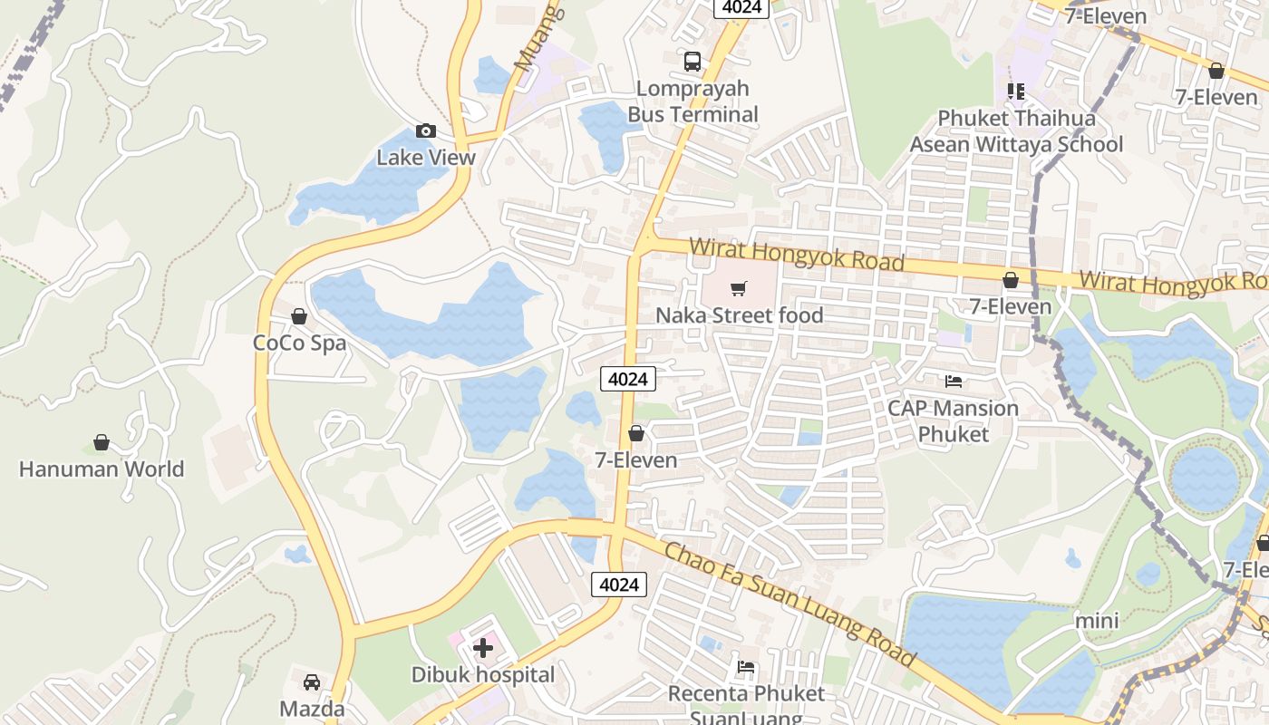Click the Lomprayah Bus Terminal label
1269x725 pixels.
click(x=693, y=101)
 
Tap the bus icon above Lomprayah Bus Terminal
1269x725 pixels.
click(x=693, y=62)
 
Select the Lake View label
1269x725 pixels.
click(x=426, y=157)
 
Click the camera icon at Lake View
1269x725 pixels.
click(x=426, y=131)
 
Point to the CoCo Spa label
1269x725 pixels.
click(x=299, y=343)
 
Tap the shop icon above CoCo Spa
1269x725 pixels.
click(x=299, y=316)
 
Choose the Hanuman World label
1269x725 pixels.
click(x=102, y=469)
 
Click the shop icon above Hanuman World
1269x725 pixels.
click(x=102, y=442)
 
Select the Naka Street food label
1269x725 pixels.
click(x=740, y=315)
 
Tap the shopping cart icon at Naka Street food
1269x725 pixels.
click(x=739, y=289)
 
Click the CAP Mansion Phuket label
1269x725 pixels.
click(x=954, y=420)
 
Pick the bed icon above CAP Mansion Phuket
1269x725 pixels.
click(x=954, y=381)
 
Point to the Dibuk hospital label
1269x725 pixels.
click(x=483, y=675)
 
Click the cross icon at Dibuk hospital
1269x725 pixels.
click(x=483, y=648)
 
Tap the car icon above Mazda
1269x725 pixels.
click(x=312, y=681)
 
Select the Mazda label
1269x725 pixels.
click(x=312, y=709)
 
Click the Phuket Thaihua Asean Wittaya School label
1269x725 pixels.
click(x=1016, y=131)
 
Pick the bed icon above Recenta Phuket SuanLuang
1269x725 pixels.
click(x=746, y=668)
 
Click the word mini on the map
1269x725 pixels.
click(x=1097, y=621)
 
